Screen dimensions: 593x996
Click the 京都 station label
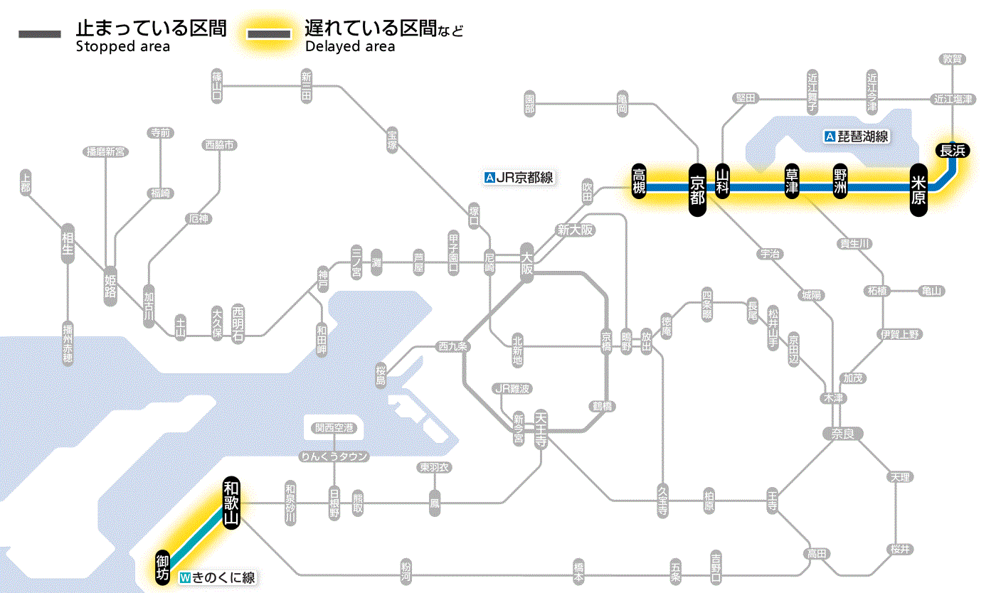coord(697,188)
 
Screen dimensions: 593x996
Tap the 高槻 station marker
coord(640,182)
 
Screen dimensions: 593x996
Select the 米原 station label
coord(918,189)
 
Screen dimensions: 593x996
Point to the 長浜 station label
coord(953,150)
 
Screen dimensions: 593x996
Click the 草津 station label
coord(792,183)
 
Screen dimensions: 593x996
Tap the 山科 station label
coord(723,183)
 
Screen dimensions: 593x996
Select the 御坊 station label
coord(163,567)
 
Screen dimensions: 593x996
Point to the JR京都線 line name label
coord(519,178)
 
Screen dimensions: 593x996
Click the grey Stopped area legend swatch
coord(40,34)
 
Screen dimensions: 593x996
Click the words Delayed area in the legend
coord(349,47)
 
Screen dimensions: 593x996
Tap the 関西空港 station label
coord(334,428)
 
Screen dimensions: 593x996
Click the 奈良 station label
coord(842,433)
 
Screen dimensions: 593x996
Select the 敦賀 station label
coord(952,59)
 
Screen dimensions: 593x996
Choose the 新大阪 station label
coord(575,230)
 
